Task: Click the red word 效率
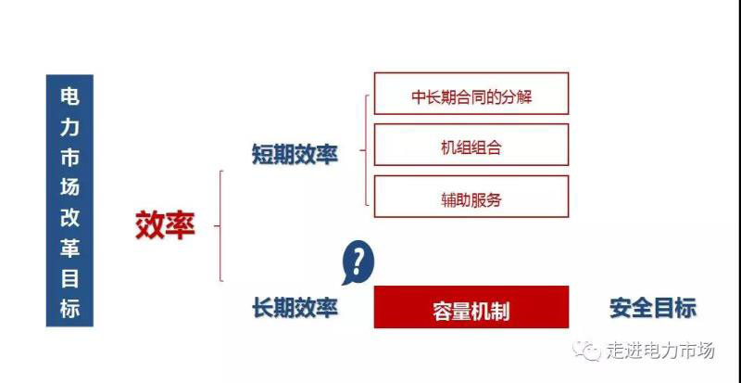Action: [166, 225]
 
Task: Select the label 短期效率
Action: [295, 154]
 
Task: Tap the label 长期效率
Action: [295, 309]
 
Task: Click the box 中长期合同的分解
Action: [471, 94]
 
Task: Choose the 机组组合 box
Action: [471, 145]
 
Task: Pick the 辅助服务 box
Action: [471, 197]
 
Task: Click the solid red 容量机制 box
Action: [471, 307]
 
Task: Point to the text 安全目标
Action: [653, 308]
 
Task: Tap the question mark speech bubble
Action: [358, 262]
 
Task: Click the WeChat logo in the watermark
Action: [586, 351]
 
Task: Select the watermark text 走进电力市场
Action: [660, 351]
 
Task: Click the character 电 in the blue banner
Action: [69, 96]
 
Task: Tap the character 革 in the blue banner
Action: [69, 249]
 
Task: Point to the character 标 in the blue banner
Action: [69, 309]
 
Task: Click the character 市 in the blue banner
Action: [69, 157]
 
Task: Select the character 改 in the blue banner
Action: [69, 218]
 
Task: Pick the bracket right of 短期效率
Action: [364, 150]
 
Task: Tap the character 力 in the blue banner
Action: [69, 127]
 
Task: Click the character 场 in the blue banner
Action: [69, 187]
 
